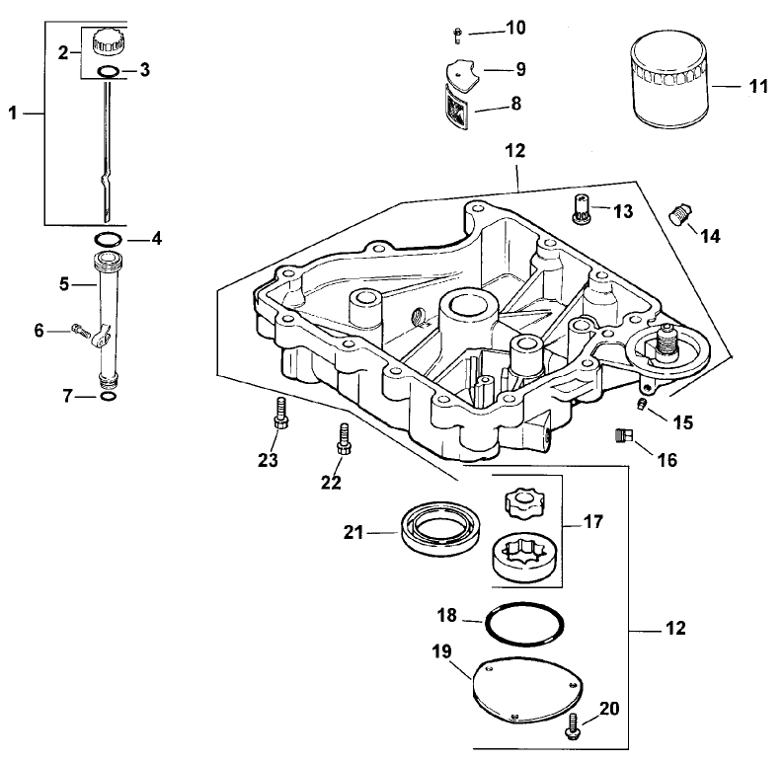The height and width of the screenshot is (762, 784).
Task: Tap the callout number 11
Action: point(757,87)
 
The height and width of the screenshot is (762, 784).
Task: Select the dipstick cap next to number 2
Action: point(107,44)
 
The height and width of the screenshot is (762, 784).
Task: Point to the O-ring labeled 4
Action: point(109,239)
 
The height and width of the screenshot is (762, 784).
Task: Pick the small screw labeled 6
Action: point(80,331)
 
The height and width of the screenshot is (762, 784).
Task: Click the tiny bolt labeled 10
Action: point(458,36)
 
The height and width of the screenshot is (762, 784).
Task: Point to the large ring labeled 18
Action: point(526,626)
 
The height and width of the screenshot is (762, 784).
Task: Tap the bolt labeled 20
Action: point(572,730)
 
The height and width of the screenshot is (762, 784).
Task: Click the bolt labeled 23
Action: point(279,414)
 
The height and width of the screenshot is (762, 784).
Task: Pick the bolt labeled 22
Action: point(344,438)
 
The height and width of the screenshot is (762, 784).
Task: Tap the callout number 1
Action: point(13,114)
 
